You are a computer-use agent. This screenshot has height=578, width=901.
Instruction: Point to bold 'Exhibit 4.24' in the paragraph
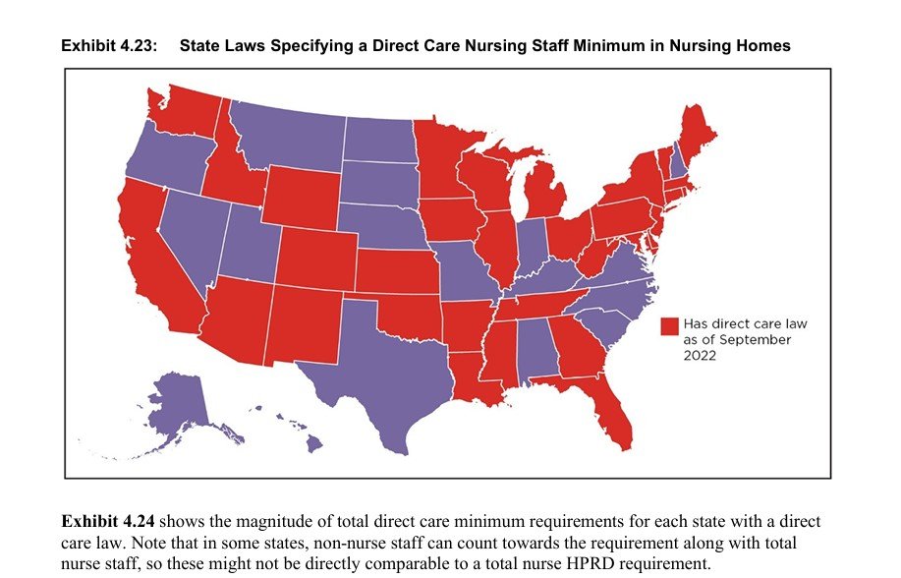click(x=106, y=521)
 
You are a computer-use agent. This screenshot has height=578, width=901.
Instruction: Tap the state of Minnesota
click(x=442, y=162)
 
